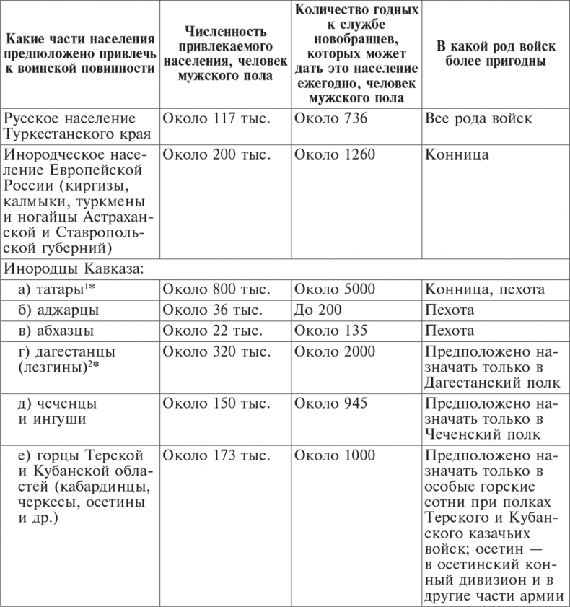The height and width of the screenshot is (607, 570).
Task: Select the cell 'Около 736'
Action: pyautogui.click(x=330, y=119)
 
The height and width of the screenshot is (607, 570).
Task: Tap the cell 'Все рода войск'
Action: pyautogui.click(x=479, y=119)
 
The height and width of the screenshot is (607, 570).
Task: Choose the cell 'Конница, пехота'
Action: pyautogui.click(x=485, y=290)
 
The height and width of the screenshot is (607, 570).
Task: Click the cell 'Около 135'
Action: pyautogui.click(x=330, y=331)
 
